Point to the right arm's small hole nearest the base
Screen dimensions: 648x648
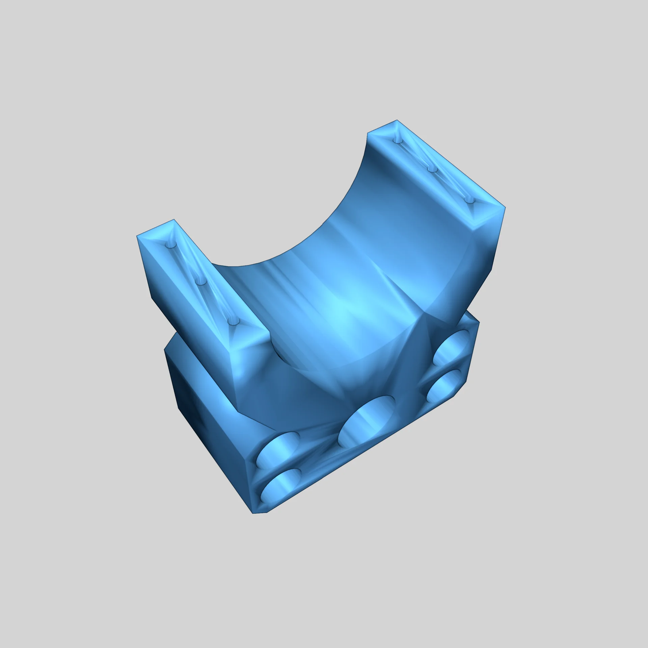[469, 200]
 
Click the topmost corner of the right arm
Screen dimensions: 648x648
[397, 120]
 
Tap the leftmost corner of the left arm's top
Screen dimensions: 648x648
[137, 236]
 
